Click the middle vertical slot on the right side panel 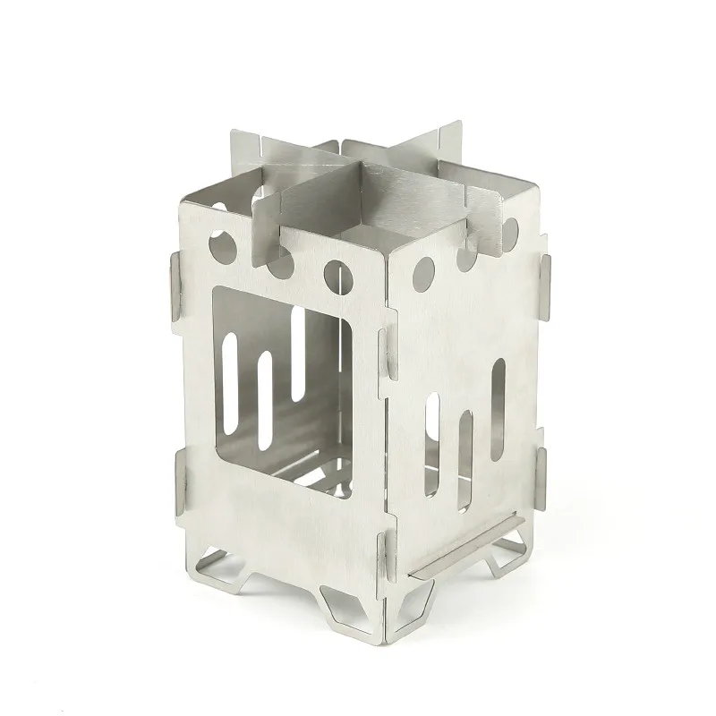click(465, 461)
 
